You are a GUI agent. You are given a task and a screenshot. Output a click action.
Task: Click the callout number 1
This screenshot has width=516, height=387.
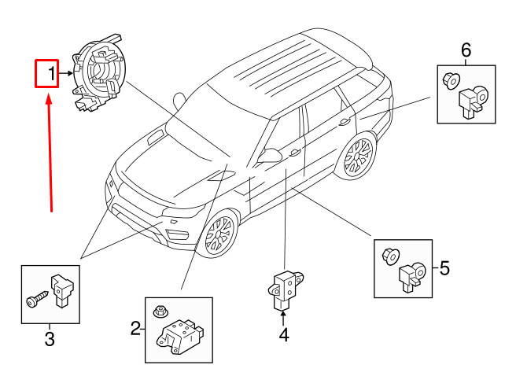(51, 76)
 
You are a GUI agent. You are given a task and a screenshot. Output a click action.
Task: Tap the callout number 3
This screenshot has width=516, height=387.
(49, 339)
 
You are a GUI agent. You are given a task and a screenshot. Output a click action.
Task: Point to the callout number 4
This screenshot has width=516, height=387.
(283, 335)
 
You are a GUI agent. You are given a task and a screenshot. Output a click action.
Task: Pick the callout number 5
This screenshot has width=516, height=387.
(444, 269)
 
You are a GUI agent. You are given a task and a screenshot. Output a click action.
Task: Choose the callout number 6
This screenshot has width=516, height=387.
(466, 52)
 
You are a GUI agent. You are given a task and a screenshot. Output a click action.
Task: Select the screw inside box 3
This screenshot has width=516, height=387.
(37, 299)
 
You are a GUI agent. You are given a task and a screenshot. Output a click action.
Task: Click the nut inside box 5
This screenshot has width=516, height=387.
(389, 256)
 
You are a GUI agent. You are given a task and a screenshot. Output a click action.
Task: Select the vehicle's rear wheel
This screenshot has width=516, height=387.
(358, 157)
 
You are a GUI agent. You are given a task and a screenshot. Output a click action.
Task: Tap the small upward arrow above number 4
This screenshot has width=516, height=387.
(283, 317)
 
